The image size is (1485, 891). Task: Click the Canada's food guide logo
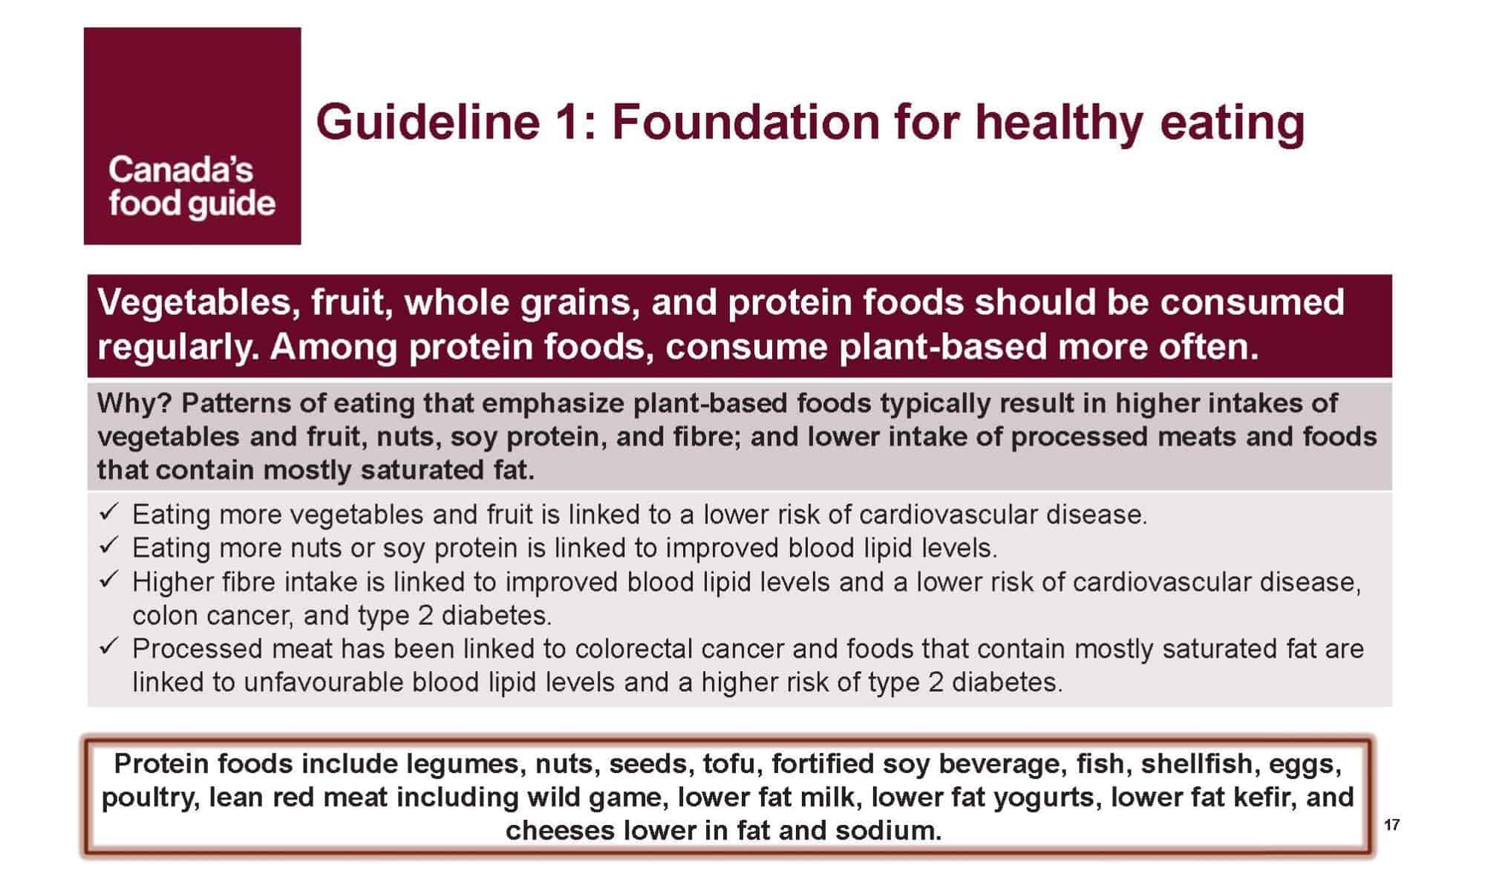(x=192, y=136)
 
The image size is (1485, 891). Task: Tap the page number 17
(x=1392, y=825)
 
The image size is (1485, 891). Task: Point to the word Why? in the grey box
(x=134, y=404)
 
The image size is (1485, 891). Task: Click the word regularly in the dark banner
(x=178, y=347)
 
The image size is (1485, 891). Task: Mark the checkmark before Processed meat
(x=108, y=647)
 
